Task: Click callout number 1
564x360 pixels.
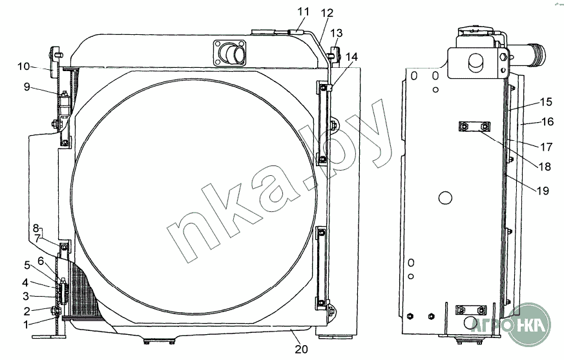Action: tap(26, 324)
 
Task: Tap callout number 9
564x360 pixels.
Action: tap(27, 87)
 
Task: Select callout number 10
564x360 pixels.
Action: tap(23, 66)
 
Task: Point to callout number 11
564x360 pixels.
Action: tap(303, 12)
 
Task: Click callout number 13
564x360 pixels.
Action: tap(337, 33)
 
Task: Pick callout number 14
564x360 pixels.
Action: tap(352, 56)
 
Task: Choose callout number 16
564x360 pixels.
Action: tap(547, 122)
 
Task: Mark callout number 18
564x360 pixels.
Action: tap(545, 167)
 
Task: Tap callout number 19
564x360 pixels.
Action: tap(543, 191)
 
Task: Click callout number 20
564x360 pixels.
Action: tap(302, 349)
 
